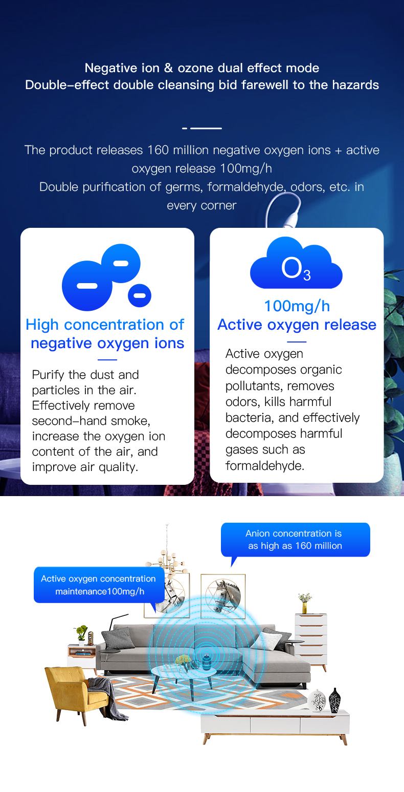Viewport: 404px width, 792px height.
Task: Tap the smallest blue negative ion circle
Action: tap(140, 295)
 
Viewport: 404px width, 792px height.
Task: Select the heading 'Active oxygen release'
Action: tap(297, 325)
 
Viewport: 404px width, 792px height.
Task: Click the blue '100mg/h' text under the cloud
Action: tap(297, 306)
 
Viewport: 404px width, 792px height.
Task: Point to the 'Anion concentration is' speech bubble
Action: tap(295, 540)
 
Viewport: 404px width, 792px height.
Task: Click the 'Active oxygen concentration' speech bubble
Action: tap(99, 585)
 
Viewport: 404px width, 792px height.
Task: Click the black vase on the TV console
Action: tap(334, 700)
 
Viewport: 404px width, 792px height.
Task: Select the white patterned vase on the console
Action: tap(317, 701)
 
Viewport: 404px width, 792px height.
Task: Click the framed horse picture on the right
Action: tap(223, 596)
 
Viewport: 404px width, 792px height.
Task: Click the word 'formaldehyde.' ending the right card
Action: tap(265, 466)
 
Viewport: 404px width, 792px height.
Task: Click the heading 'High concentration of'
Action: tap(105, 325)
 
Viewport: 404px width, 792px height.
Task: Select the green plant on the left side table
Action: tap(82, 631)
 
